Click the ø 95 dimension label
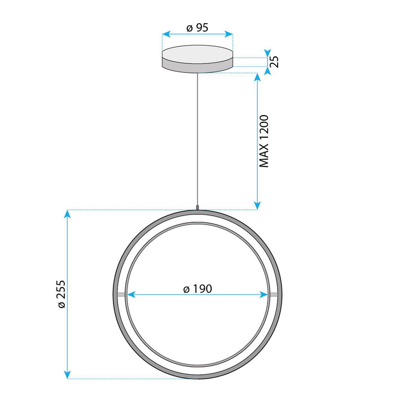[197, 27]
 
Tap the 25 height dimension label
[274, 62]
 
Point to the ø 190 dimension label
[197, 288]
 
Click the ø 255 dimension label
[62, 294]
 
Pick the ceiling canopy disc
[197, 59]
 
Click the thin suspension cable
[197, 141]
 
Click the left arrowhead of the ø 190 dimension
[130, 295]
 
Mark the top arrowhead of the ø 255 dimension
[68, 214]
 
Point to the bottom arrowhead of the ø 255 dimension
[68, 375]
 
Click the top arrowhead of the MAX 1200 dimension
[257, 77]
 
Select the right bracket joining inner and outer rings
[274, 295]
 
